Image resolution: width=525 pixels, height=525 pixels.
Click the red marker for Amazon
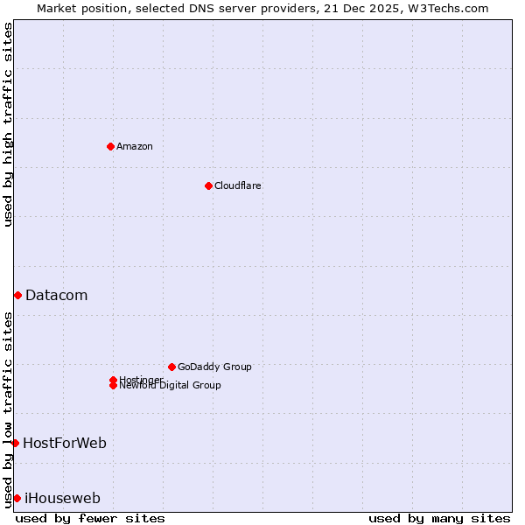coord(110,146)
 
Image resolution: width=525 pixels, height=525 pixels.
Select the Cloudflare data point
coord(208,185)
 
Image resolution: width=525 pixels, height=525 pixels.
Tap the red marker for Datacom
coord(17,296)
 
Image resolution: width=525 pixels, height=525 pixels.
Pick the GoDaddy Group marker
coord(171,367)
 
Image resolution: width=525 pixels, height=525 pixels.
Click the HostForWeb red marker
coord(15,444)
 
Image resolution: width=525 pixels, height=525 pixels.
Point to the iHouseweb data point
coord(17,499)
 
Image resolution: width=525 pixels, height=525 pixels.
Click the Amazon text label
coord(135,146)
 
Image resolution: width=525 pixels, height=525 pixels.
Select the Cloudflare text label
coord(238,185)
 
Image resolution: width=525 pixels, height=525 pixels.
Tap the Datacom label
coord(57,296)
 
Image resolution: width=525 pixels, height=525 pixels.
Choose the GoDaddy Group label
coord(214,367)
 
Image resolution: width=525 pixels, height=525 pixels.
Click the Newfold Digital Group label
coord(171,386)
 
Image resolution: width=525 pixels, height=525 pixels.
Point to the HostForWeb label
coord(65,444)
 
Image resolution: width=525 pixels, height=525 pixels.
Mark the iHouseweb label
coord(62,499)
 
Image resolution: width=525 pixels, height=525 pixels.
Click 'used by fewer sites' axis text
coord(90,518)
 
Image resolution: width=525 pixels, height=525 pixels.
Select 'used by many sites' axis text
coord(439,518)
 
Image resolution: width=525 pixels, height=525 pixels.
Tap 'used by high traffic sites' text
coord(8,124)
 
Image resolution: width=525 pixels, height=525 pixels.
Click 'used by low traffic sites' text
coord(8,409)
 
